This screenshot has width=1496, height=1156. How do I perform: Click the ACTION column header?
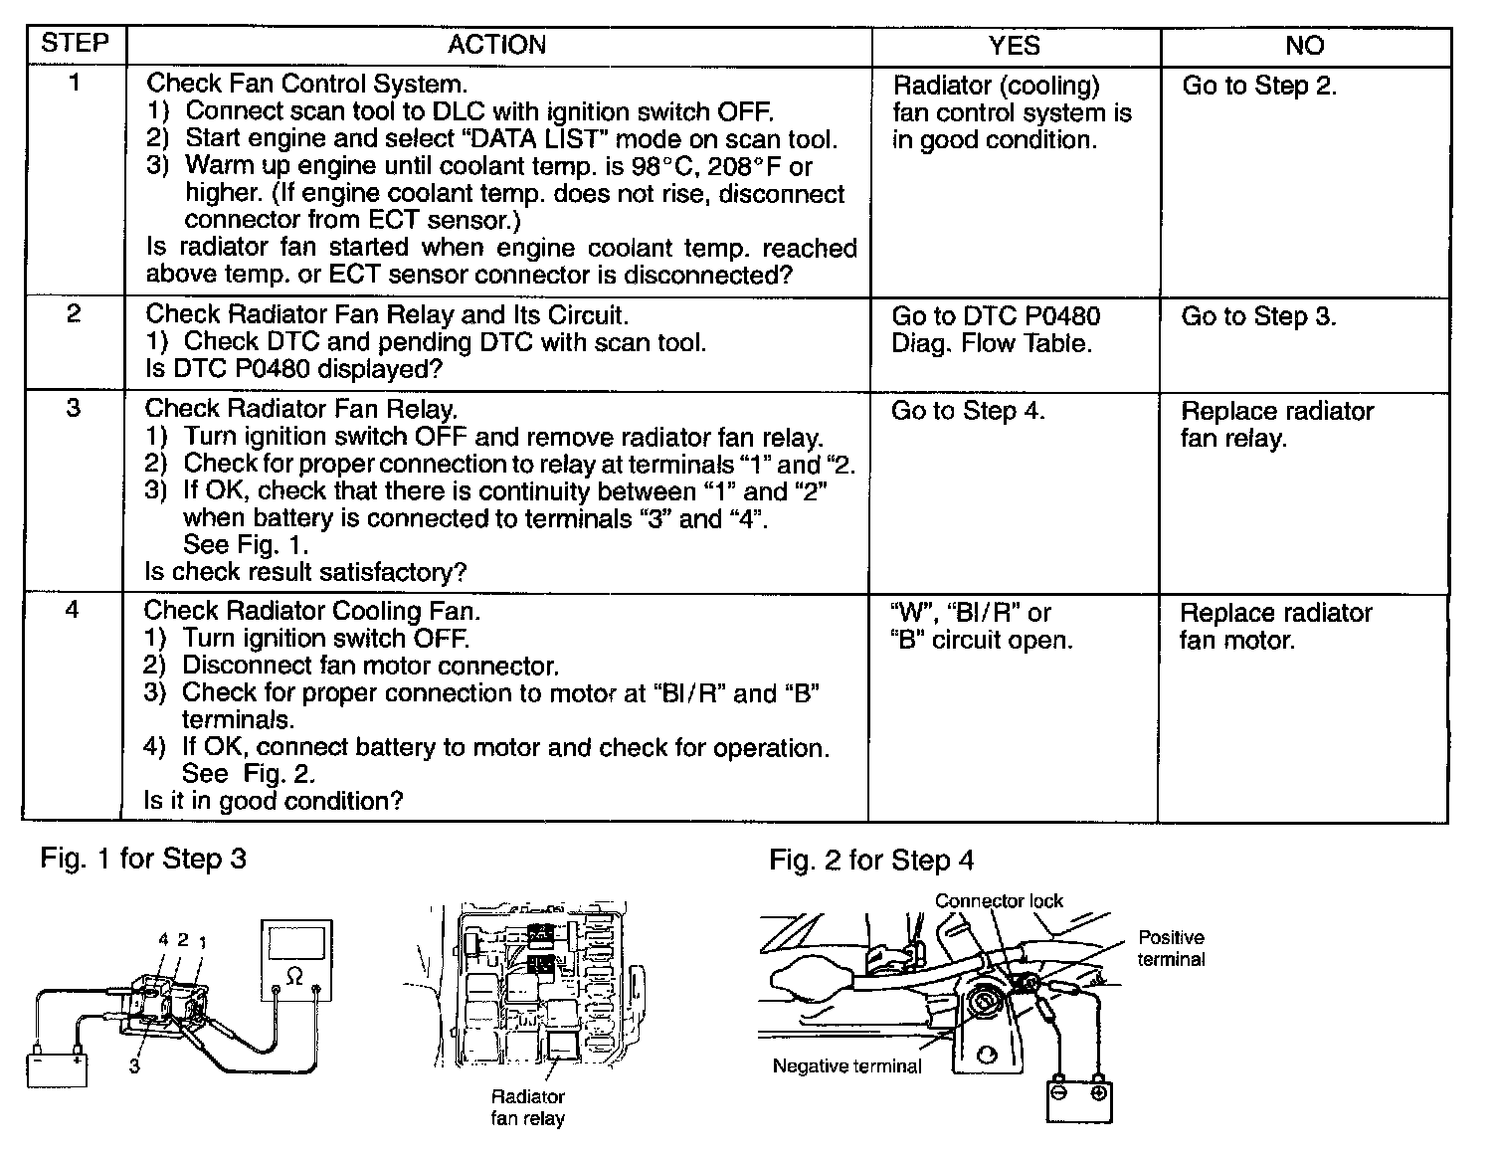[x=496, y=45]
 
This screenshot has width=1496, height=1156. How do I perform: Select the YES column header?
[x=1015, y=46]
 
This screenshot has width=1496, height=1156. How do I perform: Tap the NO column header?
[x=1304, y=46]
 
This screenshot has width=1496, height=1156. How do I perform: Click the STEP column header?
[x=74, y=44]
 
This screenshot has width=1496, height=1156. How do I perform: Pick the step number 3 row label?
[x=74, y=408]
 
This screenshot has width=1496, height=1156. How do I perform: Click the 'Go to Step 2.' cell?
[x=1259, y=86]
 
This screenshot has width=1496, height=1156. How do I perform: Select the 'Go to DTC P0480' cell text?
[x=996, y=316]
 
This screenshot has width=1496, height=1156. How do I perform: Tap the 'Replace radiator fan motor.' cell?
[x=1275, y=626]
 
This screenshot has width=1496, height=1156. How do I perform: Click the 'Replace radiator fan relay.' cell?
[x=1277, y=424]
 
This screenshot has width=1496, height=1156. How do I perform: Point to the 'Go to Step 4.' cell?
[x=968, y=411]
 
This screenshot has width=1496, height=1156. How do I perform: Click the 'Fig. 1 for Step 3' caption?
[x=143, y=859]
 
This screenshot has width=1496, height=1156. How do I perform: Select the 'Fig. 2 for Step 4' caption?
[x=871, y=860]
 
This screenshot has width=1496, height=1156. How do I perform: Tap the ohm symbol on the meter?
[x=294, y=977]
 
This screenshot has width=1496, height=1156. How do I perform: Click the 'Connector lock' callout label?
[x=999, y=901]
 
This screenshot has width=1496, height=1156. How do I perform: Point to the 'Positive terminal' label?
[x=1171, y=948]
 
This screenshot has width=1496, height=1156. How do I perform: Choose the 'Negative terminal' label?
[x=847, y=1066]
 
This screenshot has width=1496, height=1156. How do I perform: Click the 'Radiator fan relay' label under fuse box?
[x=528, y=1107]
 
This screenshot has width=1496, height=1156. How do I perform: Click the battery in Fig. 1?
[x=57, y=1067]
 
